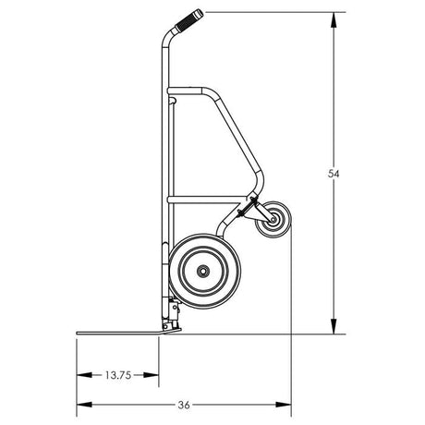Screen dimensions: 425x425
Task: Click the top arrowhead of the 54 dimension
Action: (331, 15)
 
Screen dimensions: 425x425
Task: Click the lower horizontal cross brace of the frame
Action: (208, 199)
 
